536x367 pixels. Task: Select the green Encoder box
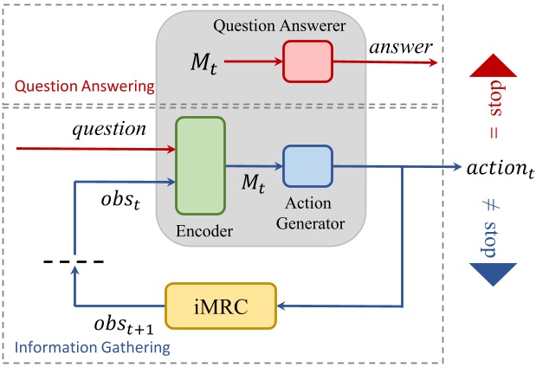click(200, 164)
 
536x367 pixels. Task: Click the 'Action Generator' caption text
click(308, 216)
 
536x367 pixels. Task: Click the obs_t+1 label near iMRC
click(124, 327)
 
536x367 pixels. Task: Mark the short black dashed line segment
click(74, 261)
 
